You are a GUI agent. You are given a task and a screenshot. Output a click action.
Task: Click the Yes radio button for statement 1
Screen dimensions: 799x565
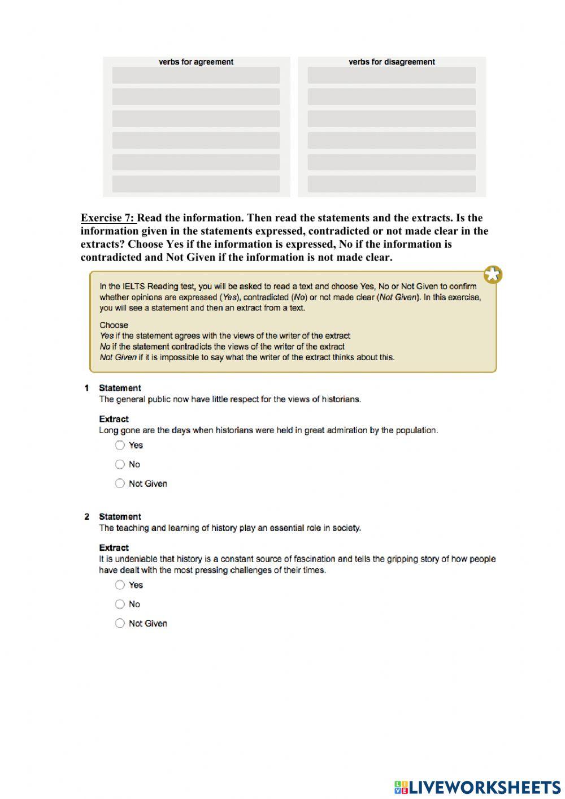click(120, 445)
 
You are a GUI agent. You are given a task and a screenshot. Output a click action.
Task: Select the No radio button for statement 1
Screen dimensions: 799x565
click(120, 464)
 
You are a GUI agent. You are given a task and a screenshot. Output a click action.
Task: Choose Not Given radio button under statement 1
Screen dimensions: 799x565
click(120, 483)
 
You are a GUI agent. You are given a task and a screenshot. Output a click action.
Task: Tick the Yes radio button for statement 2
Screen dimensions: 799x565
click(120, 585)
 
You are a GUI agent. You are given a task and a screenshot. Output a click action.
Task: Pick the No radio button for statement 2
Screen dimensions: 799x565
click(120, 604)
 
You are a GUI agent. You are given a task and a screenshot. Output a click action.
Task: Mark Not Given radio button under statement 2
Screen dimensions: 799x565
click(120, 623)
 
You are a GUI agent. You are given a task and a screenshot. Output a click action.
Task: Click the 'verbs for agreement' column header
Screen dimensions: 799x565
click(196, 62)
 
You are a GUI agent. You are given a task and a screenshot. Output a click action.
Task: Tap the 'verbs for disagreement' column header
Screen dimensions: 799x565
click(392, 62)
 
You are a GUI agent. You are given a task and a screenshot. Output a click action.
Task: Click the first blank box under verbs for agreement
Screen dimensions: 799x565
click(196, 75)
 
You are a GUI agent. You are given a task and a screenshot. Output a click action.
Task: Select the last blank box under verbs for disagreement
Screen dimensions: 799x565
click(392, 184)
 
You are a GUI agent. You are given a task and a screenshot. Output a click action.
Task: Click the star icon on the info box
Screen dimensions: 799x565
click(493, 275)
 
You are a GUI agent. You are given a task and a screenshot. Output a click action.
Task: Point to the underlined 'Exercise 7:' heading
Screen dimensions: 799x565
click(108, 218)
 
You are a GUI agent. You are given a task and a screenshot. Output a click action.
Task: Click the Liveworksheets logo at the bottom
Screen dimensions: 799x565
click(477, 787)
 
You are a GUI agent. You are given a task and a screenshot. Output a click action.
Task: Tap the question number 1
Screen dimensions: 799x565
click(86, 388)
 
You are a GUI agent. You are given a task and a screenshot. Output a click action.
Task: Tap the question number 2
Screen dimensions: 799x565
click(86, 517)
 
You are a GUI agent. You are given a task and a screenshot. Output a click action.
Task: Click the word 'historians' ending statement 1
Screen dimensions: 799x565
click(341, 399)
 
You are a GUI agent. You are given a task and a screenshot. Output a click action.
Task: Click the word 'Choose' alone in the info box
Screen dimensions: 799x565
click(114, 325)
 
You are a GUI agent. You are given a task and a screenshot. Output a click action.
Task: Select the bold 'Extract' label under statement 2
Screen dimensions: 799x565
click(114, 547)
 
